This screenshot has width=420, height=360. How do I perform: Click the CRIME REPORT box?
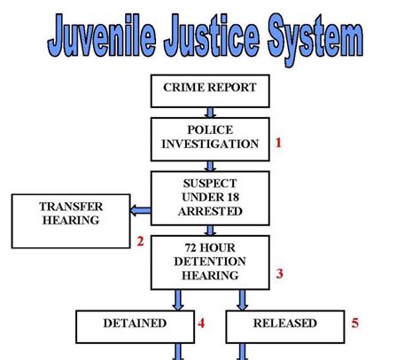tap(210, 91)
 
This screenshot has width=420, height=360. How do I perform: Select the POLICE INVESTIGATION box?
tap(210, 139)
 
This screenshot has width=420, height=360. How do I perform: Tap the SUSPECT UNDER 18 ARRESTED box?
tap(210, 199)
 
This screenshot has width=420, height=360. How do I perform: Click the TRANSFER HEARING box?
tap(71, 221)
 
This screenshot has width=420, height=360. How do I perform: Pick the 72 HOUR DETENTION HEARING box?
tap(210, 262)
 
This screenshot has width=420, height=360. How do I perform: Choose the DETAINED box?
tap(135, 326)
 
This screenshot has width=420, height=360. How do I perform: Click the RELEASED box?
tap(285, 326)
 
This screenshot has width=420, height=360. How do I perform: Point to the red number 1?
tap(278, 143)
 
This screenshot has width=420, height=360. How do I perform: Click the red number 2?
tap(140, 241)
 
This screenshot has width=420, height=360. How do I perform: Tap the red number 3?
tap(280, 274)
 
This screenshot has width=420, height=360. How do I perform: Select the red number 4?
tap(201, 323)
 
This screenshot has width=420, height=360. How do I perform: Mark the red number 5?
tap(355, 323)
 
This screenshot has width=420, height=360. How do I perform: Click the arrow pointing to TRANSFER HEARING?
tap(141, 211)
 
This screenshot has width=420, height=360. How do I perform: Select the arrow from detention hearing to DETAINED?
tap(178, 300)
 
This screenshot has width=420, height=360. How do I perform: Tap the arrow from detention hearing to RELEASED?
tap(242, 300)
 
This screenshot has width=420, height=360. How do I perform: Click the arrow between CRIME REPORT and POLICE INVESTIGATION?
tap(210, 113)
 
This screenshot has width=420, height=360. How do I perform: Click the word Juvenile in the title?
tap(102, 35)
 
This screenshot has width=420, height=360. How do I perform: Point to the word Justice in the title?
tap(212, 35)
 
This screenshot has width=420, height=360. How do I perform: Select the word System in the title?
tap(315, 38)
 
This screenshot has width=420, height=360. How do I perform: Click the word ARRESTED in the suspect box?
tap(210, 211)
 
